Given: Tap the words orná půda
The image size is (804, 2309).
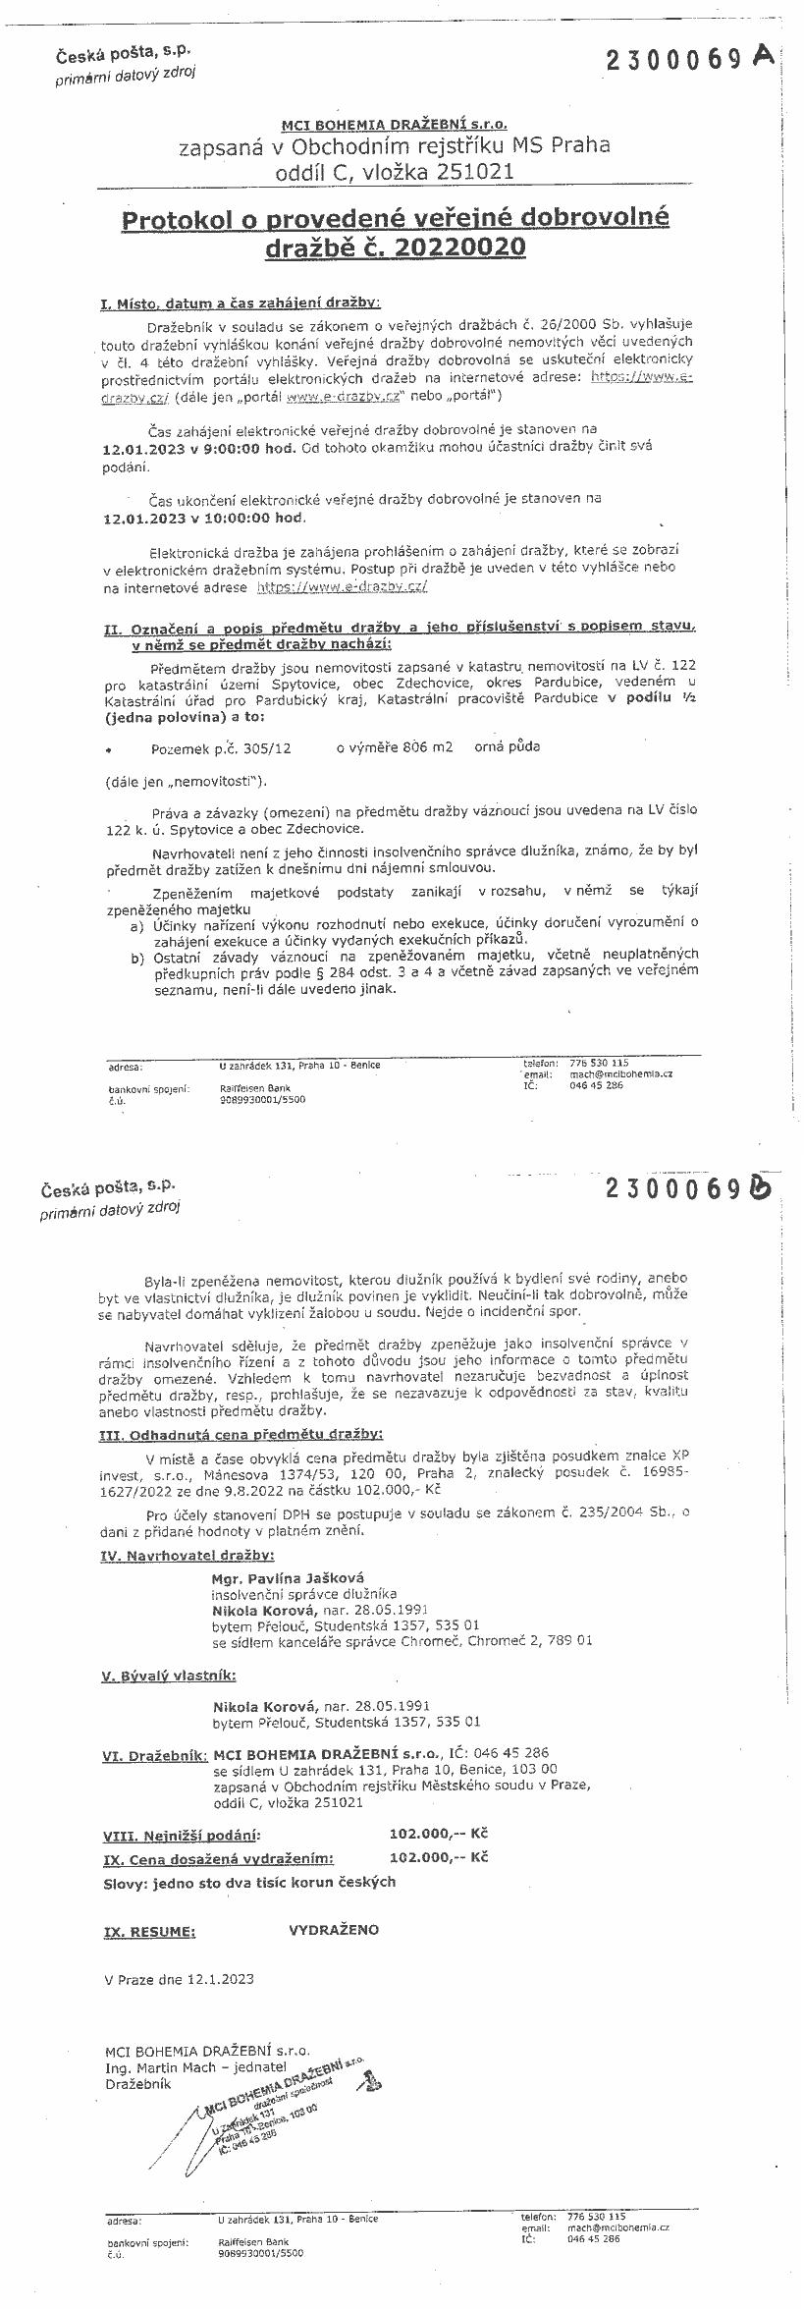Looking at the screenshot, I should (507, 746).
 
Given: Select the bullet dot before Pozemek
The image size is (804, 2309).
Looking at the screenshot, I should (107, 748).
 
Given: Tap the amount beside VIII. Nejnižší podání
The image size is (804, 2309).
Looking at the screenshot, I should (439, 1834).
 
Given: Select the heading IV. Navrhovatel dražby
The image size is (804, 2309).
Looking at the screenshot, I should (188, 1556).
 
